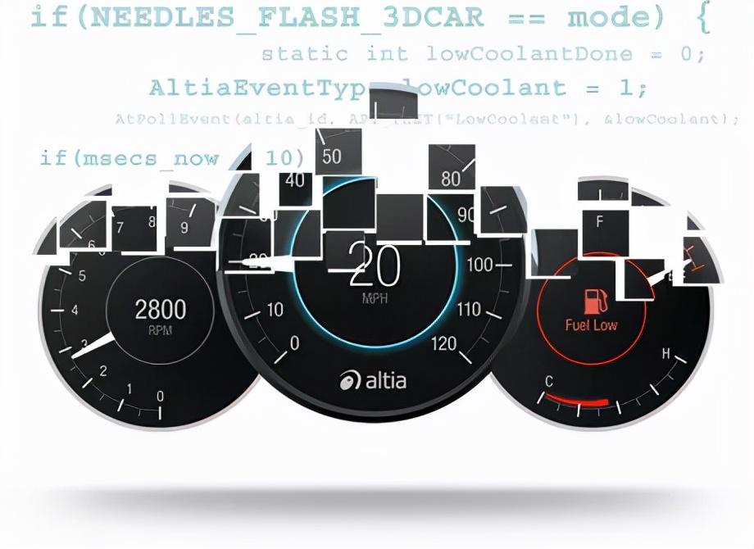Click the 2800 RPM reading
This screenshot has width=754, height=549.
click(161, 310)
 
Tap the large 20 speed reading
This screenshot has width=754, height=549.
click(375, 266)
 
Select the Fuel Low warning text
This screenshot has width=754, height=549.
click(592, 325)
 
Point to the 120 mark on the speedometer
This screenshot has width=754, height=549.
click(443, 343)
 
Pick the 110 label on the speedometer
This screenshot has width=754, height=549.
click(469, 309)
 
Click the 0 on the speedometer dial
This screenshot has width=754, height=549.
click(295, 343)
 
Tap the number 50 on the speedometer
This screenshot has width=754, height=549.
click(331, 157)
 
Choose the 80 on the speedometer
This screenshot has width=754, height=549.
click(451, 178)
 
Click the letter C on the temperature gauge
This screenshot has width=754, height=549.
click(549, 381)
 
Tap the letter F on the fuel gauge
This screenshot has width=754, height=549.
click(600, 221)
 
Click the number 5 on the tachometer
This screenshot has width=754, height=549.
click(82, 275)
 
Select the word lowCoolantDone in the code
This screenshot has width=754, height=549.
click(529, 54)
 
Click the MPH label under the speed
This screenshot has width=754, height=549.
click(375, 299)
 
